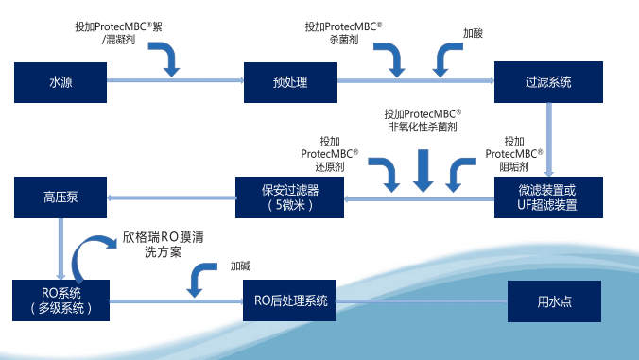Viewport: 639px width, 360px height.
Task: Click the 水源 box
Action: click(x=60, y=82)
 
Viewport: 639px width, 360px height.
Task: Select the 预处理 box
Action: click(x=290, y=82)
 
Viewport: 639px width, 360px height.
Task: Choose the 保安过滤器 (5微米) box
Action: click(x=290, y=197)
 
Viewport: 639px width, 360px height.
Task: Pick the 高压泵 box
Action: click(x=60, y=197)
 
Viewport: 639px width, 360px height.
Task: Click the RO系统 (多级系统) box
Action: click(x=60, y=300)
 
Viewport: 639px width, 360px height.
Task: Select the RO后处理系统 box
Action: click(x=290, y=300)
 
